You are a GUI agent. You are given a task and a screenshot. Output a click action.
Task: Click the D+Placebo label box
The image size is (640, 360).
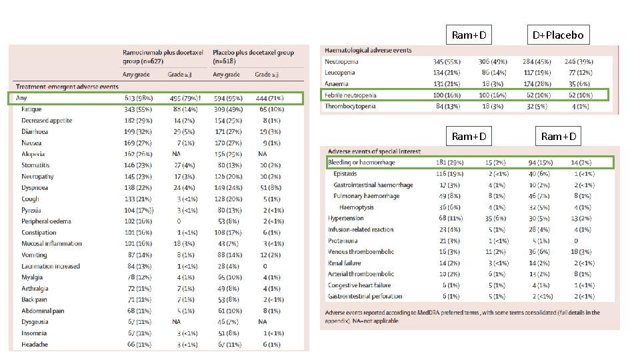tap(557, 35)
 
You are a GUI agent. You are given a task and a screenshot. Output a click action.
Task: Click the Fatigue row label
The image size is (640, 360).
tap(31, 109)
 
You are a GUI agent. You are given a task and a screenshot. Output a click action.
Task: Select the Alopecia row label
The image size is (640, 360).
tap(33, 154)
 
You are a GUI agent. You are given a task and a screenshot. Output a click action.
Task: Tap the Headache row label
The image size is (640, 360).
tap(35, 344)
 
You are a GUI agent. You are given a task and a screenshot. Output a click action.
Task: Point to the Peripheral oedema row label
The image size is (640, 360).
tap(45, 221)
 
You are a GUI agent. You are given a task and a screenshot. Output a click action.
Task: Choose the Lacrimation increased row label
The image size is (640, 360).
tap(51, 266)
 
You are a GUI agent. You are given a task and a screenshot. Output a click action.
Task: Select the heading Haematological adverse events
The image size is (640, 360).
tap(367, 50)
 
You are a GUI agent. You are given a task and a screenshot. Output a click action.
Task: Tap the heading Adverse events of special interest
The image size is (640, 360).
tap(368, 151)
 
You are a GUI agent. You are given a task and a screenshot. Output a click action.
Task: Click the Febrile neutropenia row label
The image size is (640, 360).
tap(350, 95)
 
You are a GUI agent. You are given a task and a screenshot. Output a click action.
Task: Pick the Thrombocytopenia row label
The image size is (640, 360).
tap(350, 106)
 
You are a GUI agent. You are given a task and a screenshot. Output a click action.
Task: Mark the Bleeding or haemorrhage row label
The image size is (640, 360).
tap(361, 163)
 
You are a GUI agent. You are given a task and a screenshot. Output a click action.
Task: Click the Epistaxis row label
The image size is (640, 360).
tap(347, 173)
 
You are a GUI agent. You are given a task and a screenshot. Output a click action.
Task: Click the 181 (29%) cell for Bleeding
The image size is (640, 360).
tap(445, 163)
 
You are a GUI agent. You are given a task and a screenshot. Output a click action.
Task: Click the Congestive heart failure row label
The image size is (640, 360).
tap(361, 285)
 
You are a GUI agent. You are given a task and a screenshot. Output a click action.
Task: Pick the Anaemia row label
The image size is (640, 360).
tap(336, 83)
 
